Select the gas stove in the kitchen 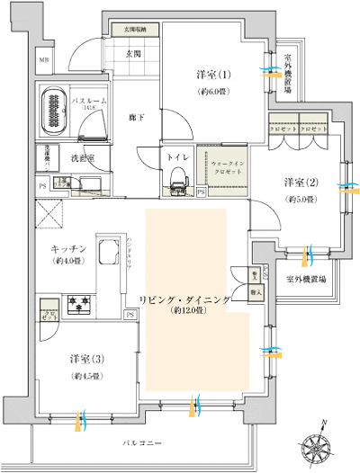click(x=78, y=306)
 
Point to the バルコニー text click(x=144, y=443)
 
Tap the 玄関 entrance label click(x=132, y=54)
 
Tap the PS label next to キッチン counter click(x=130, y=314)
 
